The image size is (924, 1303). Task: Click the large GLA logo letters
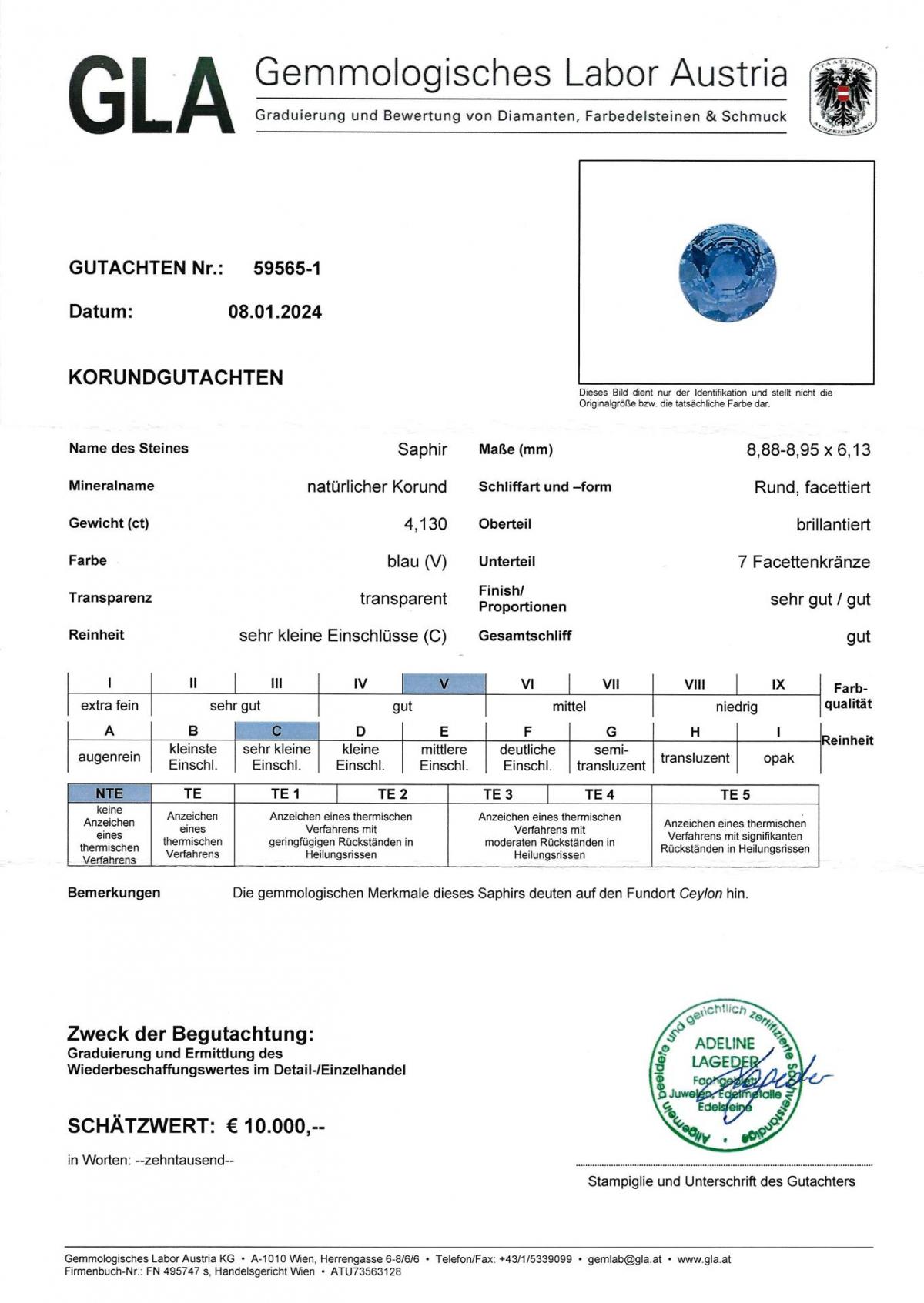[152, 95]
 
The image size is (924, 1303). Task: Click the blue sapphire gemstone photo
[727, 272]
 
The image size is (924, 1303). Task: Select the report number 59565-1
[287, 268]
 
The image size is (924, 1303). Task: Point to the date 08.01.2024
[275, 312]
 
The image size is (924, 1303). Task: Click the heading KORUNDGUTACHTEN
[176, 377]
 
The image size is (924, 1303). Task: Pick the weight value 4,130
[425, 524]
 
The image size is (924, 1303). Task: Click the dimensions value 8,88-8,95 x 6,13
[808, 449]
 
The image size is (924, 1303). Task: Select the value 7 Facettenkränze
[803, 562]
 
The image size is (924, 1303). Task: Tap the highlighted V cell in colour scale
[444, 683]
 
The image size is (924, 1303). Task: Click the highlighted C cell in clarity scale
[276, 730]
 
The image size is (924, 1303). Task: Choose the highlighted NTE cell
[109, 793]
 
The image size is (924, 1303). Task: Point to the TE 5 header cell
[735, 794]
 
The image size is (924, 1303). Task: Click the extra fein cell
[109, 705]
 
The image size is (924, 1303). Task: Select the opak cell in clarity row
[778, 758]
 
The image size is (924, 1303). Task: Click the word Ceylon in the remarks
[700, 894]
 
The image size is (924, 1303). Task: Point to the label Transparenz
[110, 598]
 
